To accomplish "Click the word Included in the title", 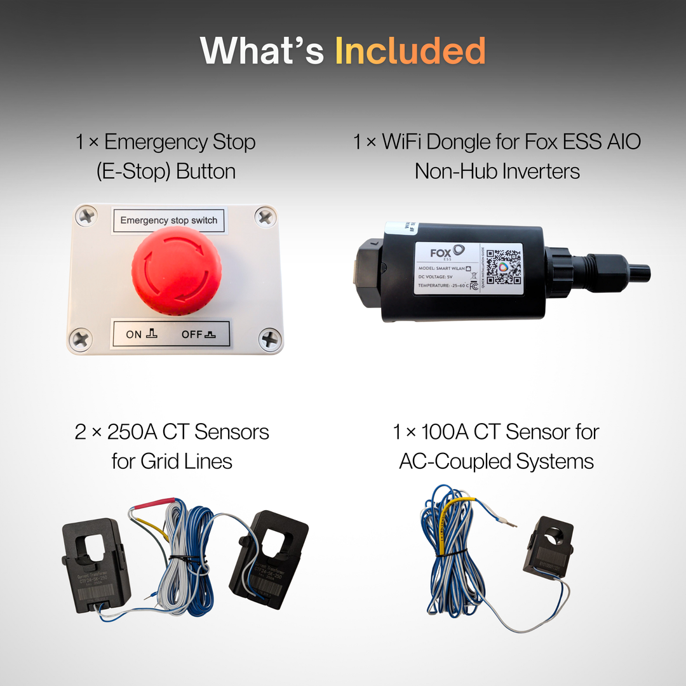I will pos(410,51).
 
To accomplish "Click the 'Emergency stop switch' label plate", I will pos(169,220).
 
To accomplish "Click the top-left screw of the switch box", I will pos(86,217).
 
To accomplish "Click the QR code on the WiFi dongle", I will pos(503,267).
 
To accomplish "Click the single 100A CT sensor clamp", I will pos(548,546).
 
